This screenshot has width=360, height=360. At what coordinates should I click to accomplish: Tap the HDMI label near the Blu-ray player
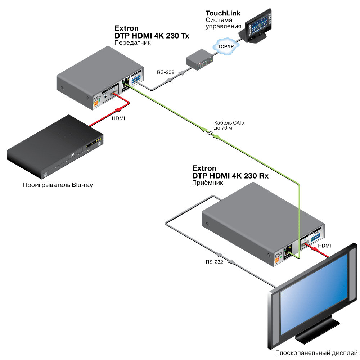tap(118, 118)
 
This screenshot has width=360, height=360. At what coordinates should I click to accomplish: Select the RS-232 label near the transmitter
tap(165, 72)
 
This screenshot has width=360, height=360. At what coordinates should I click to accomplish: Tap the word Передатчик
tap(132, 42)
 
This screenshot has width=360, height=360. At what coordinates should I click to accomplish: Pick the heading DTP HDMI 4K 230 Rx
tap(230, 176)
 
